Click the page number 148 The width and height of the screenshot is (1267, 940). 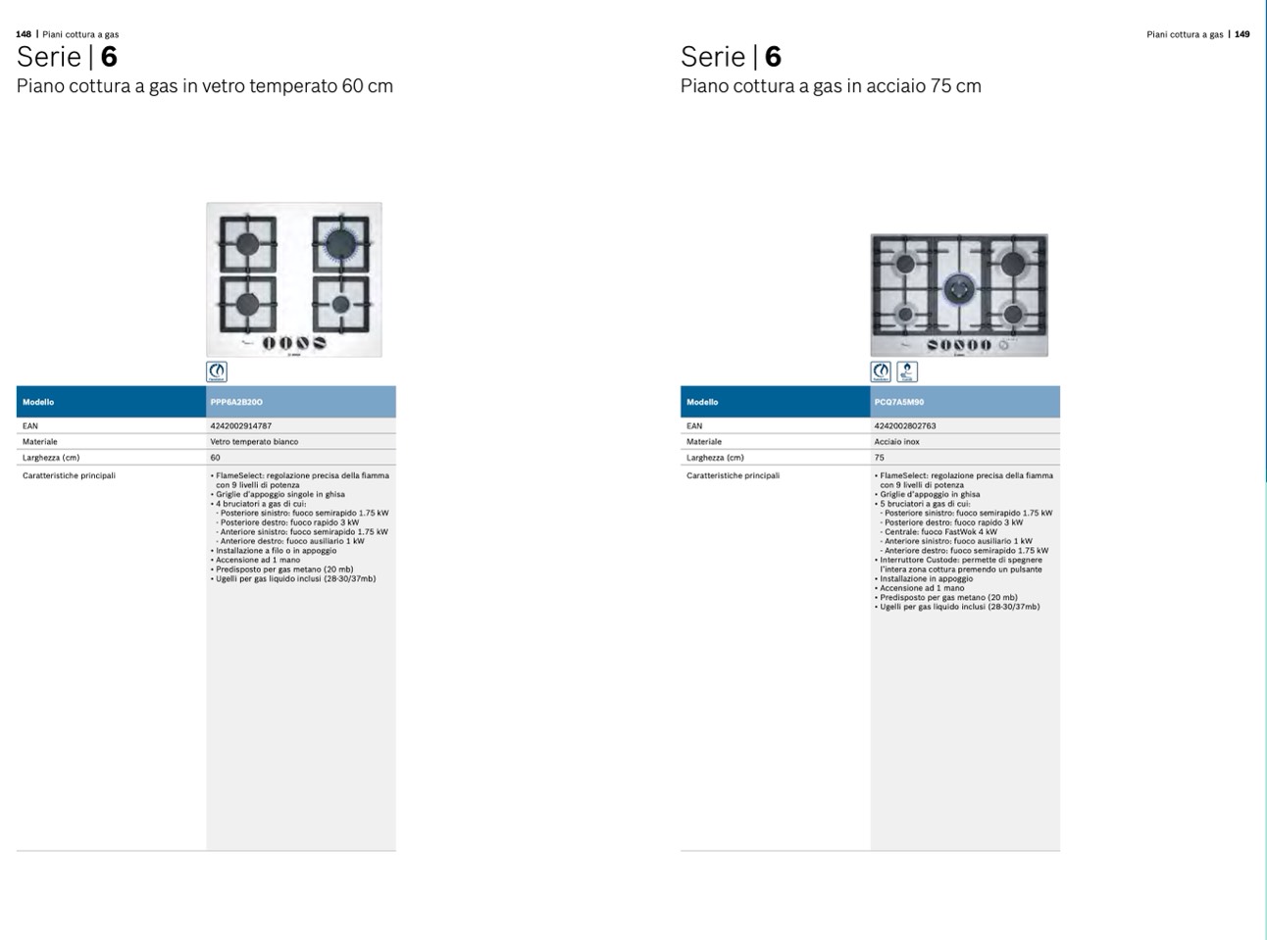coord(24,34)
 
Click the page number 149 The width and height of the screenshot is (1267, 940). coord(1242,34)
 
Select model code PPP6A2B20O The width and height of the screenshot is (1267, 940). coord(236,402)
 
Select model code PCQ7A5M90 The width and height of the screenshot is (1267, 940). coord(898,402)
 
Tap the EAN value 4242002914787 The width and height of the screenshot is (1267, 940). coord(241,426)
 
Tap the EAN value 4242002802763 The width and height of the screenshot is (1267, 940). coord(905,426)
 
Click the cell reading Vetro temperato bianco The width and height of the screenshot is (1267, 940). coord(254,441)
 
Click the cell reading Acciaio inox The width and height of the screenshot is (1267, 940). coord(897,441)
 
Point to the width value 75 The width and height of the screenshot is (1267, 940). coord(879,458)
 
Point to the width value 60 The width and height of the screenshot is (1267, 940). coord(216,458)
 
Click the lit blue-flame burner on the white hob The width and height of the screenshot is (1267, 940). coord(341,243)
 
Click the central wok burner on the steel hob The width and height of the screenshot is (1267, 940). coord(959,289)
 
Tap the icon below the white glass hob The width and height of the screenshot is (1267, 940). coord(217,371)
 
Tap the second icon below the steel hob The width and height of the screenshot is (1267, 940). coord(907,371)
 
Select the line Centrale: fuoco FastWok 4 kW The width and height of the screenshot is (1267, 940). coord(938,531)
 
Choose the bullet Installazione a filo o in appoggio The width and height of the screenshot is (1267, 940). coord(274,551)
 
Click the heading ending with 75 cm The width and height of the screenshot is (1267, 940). coord(831,86)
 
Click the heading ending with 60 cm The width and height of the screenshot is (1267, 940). coord(205,86)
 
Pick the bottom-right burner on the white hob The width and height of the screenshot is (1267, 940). coord(341,304)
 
